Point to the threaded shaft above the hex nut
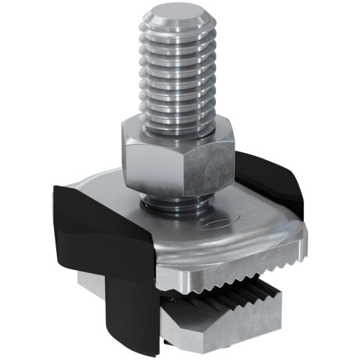(178, 75)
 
